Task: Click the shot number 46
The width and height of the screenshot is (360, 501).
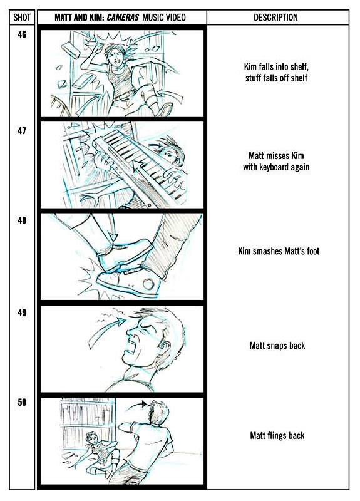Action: click(x=22, y=34)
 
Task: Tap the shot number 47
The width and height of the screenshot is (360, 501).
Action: click(x=22, y=131)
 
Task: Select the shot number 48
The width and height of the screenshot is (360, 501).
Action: click(x=22, y=220)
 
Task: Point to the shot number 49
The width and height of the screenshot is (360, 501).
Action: click(x=22, y=312)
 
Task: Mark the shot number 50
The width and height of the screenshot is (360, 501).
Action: click(x=22, y=402)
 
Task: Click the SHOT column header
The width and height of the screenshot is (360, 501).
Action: click(x=22, y=18)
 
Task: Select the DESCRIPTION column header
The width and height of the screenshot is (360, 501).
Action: click(x=275, y=18)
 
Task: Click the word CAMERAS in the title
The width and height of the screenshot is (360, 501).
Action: click(x=123, y=18)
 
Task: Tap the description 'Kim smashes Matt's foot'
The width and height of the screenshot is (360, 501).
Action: click(x=279, y=251)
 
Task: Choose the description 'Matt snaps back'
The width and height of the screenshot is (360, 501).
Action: click(x=277, y=346)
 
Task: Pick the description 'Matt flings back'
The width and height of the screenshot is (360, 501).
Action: click(x=277, y=435)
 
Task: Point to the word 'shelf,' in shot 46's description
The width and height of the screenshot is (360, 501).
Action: click(x=299, y=67)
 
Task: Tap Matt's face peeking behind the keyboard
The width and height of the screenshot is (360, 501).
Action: click(x=172, y=153)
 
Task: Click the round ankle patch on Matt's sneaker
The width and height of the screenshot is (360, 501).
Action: click(x=148, y=284)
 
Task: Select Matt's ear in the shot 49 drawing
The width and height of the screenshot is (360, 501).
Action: click(x=165, y=346)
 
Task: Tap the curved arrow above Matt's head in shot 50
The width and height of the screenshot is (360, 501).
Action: click(x=136, y=405)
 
